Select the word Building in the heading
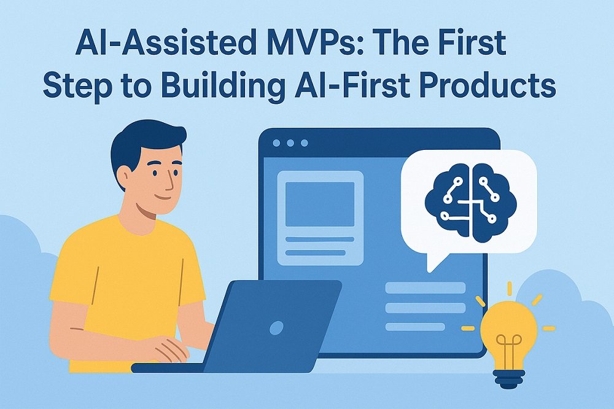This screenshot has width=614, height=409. [x=222, y=87]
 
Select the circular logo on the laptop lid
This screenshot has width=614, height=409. [x=276, y=327]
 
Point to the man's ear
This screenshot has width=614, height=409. [x=125, y=175]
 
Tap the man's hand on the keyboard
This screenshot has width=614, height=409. [x=166, y=349]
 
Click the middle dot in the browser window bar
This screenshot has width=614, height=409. [x=290, y=143]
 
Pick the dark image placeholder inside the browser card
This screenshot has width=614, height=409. [x=319, y=204]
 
